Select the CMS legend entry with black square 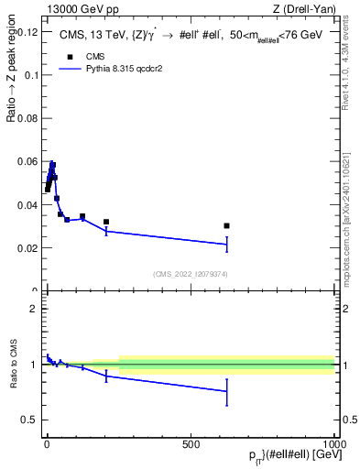82,57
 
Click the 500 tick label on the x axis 191,443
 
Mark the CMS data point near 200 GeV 106,222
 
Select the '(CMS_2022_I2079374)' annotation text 190,273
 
